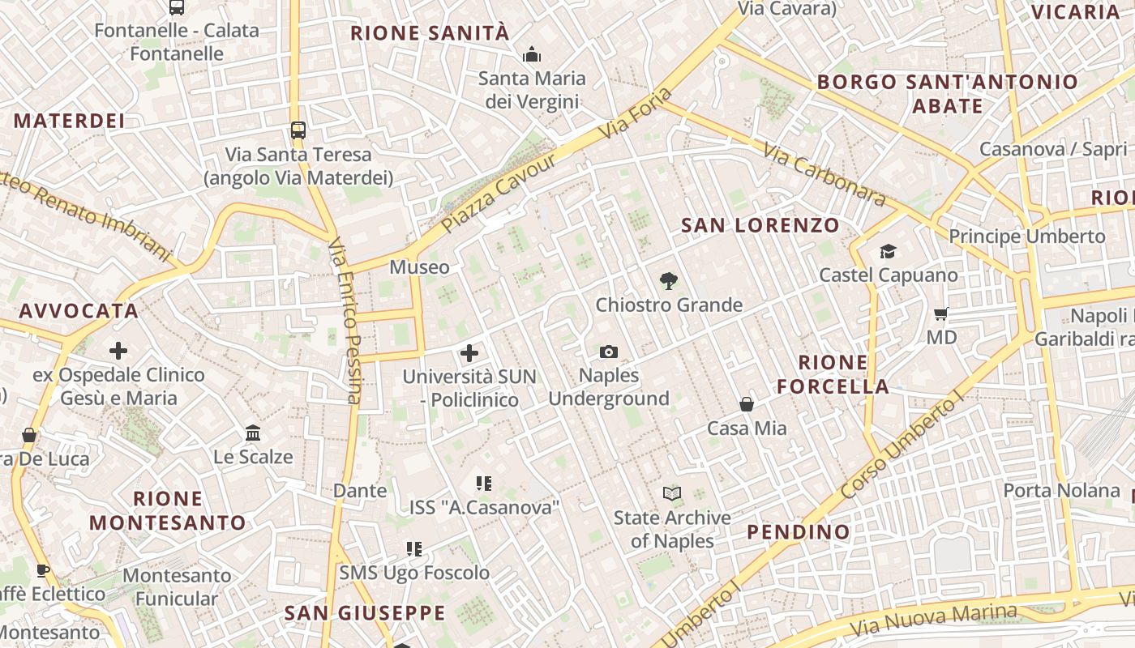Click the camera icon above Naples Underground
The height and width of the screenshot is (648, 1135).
point(609,352)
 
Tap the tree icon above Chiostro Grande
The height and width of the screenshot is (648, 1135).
point(669,281)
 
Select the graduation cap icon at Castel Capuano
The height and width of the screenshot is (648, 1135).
point(888,251)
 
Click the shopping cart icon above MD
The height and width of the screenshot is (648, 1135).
point(941,313)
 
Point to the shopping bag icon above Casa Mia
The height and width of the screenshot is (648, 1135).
point(747,403)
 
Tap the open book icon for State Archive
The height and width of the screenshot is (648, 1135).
point(671,493)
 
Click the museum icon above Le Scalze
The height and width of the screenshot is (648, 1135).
point(253,433)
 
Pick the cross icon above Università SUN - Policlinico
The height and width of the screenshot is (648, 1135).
point(469,353)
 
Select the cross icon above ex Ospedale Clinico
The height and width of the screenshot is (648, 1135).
point(118,351)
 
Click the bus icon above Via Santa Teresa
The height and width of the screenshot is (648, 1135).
point(298,130)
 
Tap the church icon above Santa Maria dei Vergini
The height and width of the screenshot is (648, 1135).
point(532,54)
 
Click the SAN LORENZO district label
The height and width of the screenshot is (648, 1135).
point(760,225)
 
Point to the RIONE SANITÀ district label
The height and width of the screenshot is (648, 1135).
point(430,33)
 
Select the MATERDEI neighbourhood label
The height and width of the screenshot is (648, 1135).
point(70,121)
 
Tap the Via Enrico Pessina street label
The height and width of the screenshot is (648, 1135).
point(345,321)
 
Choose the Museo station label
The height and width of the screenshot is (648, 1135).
point(419,266)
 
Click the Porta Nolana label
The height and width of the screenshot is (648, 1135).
point(1061,490)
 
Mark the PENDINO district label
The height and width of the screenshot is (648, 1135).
point(798,531)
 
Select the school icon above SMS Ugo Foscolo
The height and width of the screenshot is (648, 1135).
point(414,549)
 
